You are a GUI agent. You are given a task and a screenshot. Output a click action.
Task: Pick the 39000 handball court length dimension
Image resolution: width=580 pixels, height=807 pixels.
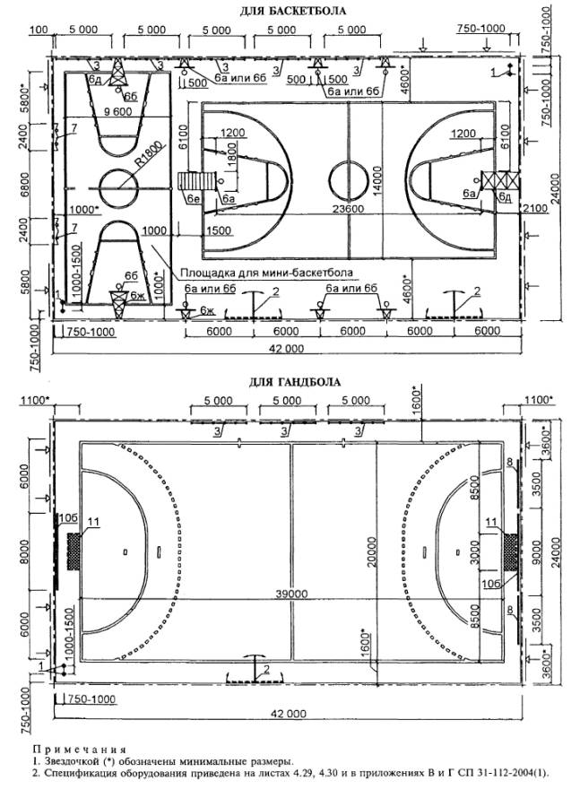[290, 594]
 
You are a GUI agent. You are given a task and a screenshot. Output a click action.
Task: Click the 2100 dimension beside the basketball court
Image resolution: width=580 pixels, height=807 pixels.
[535, 208]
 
